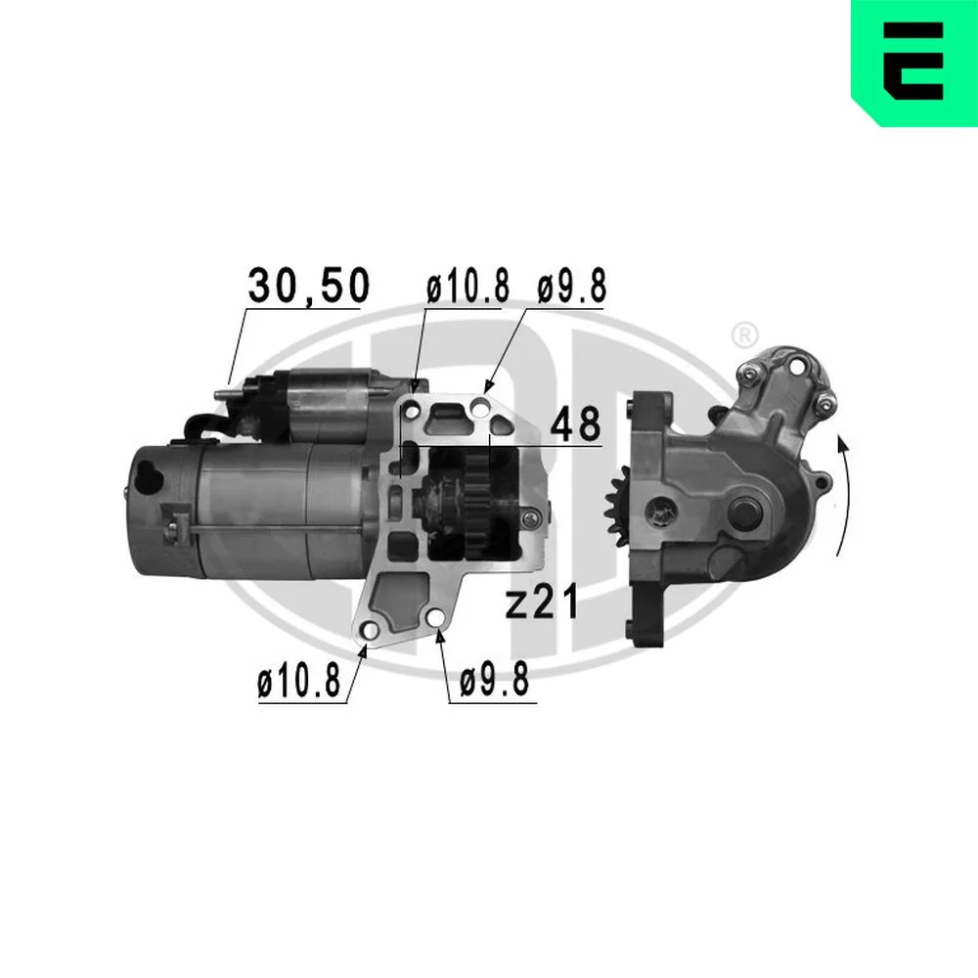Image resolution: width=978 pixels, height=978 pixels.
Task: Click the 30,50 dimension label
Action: [x=309, y=286]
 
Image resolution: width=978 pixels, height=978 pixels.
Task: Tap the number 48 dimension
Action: [x=575, y=424]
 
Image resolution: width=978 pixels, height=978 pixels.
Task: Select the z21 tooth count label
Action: [x=542, y=602]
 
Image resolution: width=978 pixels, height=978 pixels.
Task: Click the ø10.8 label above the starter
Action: [x=467, y=287]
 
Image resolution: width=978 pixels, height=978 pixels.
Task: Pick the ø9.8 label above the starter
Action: [x=571, y=287]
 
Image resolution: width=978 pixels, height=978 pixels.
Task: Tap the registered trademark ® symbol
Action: [x=743, y=334]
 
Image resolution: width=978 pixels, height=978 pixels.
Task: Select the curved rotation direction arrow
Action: [x=845, y=496]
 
